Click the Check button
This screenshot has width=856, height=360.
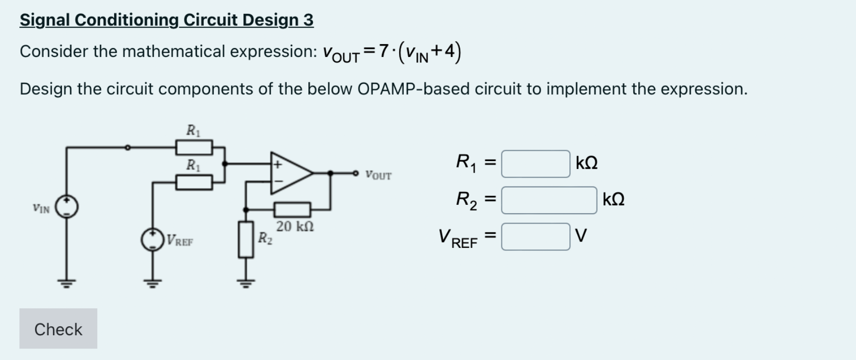58,329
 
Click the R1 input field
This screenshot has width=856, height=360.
535,164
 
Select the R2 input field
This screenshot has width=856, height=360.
549,200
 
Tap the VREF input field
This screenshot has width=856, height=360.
535,237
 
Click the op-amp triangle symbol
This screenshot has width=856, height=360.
290,173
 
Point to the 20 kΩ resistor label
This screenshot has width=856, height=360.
295,227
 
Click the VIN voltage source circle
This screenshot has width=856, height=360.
66,207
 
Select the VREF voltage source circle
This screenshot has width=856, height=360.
152,240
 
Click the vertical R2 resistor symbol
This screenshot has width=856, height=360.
245,240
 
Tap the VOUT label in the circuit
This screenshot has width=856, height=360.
378,176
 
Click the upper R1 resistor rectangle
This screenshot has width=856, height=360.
194,147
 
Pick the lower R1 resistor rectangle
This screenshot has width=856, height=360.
194,182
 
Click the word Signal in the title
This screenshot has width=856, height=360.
45,20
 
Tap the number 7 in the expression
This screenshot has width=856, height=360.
382,51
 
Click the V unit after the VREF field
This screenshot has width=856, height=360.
581,236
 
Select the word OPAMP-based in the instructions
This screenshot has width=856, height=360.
414,89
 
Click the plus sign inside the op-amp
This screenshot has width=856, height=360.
278,164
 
